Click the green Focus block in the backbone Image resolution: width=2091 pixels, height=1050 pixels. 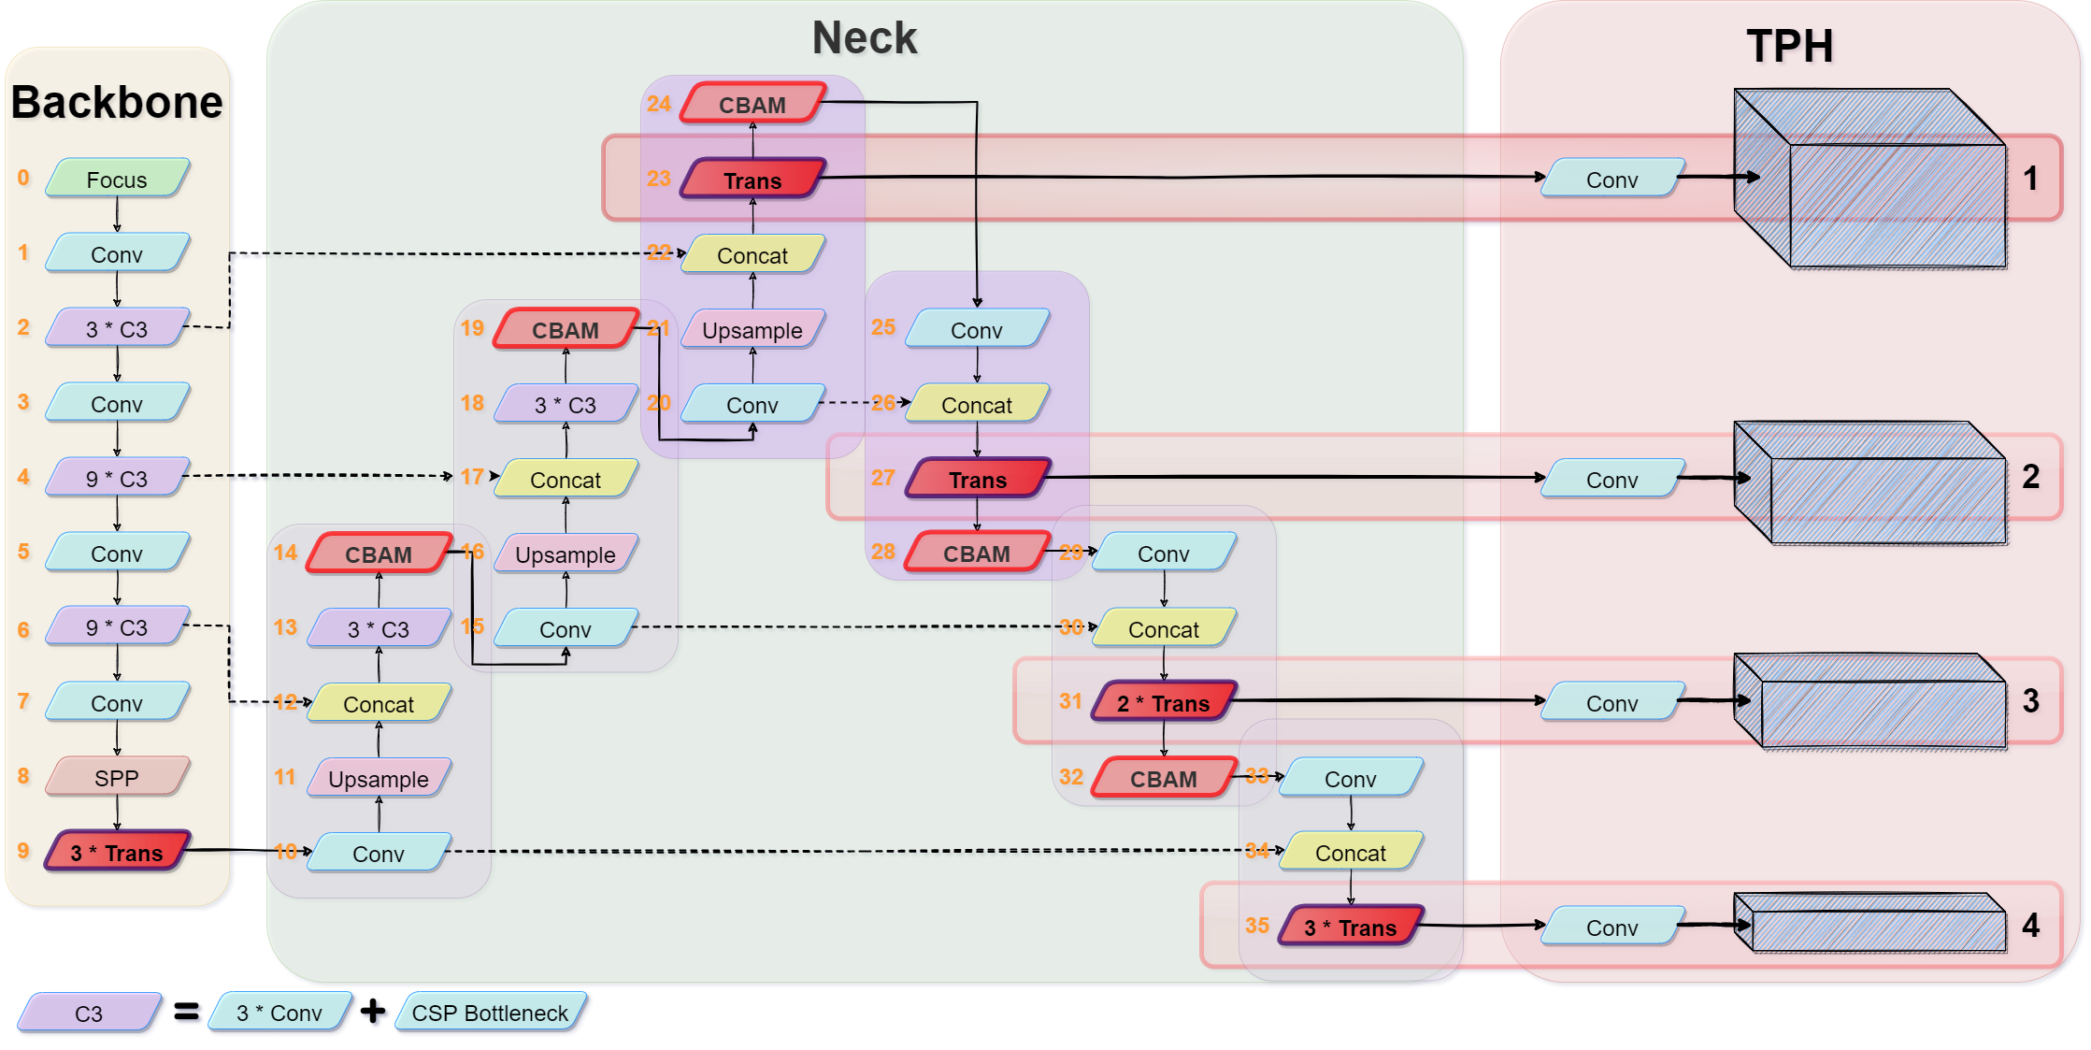(117, 179)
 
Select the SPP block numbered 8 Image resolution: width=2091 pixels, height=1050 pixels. (117, 777)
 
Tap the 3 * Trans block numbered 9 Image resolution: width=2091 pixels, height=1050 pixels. (117, 852)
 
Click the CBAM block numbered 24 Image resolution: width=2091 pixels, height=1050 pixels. (752, 104)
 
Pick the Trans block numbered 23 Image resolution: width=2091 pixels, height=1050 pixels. (752, 180)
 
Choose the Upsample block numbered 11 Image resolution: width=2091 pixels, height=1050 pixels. (379, 778)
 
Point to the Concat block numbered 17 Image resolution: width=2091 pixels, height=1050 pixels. (566, 479)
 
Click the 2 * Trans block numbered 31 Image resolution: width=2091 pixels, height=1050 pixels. (1164, 702)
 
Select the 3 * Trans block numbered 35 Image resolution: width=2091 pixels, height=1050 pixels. (1351, 927)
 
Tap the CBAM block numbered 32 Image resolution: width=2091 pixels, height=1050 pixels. (1164, 778)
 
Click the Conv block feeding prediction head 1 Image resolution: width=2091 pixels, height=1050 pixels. (1612, 179)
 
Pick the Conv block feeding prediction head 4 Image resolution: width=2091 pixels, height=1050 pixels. (1612, 927)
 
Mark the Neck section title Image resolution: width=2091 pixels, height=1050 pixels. (865, 38)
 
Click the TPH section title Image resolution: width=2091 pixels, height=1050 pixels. (1790, 46)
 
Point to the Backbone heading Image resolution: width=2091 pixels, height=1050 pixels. (117, 102)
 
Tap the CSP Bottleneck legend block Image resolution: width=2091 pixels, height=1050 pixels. (491, 1013)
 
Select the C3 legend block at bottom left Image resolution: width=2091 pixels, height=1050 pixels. (89, 1013)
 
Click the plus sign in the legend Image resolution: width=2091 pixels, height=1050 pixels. (373, 1011)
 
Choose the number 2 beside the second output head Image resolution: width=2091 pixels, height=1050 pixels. (2030, 477)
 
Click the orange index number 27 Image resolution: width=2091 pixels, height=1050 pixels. (882, 478)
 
